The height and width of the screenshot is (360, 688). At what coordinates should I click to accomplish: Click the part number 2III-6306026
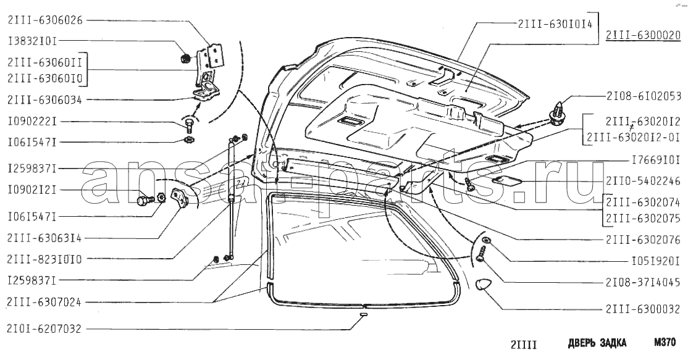44,20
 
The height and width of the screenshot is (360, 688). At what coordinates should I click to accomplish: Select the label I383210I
33,41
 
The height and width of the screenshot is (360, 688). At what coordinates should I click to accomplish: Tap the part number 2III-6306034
44,100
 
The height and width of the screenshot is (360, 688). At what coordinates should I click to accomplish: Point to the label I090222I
33,121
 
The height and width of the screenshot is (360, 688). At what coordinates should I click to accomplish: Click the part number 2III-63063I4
44,238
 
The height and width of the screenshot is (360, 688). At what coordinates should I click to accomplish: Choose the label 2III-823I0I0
44,259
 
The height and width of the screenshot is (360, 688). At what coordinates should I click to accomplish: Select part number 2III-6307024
44,302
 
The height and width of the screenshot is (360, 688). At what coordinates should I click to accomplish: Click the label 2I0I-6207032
44,329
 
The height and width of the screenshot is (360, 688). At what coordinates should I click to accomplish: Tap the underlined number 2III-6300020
644,36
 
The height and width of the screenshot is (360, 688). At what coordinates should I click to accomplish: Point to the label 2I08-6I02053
644,96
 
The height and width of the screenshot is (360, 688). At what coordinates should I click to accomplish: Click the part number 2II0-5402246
644,181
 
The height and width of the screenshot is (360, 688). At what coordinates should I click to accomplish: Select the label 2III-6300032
644,309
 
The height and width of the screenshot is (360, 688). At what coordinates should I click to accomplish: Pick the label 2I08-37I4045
644,283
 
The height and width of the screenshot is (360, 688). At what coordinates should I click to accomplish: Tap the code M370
665,342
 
